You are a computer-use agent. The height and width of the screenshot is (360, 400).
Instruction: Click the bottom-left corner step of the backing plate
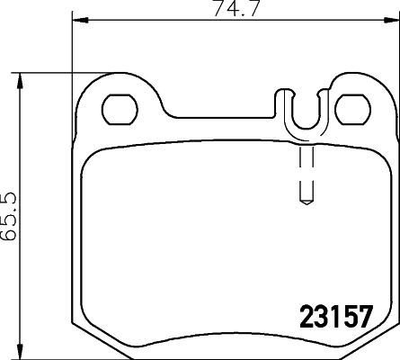tap(79, 326)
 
